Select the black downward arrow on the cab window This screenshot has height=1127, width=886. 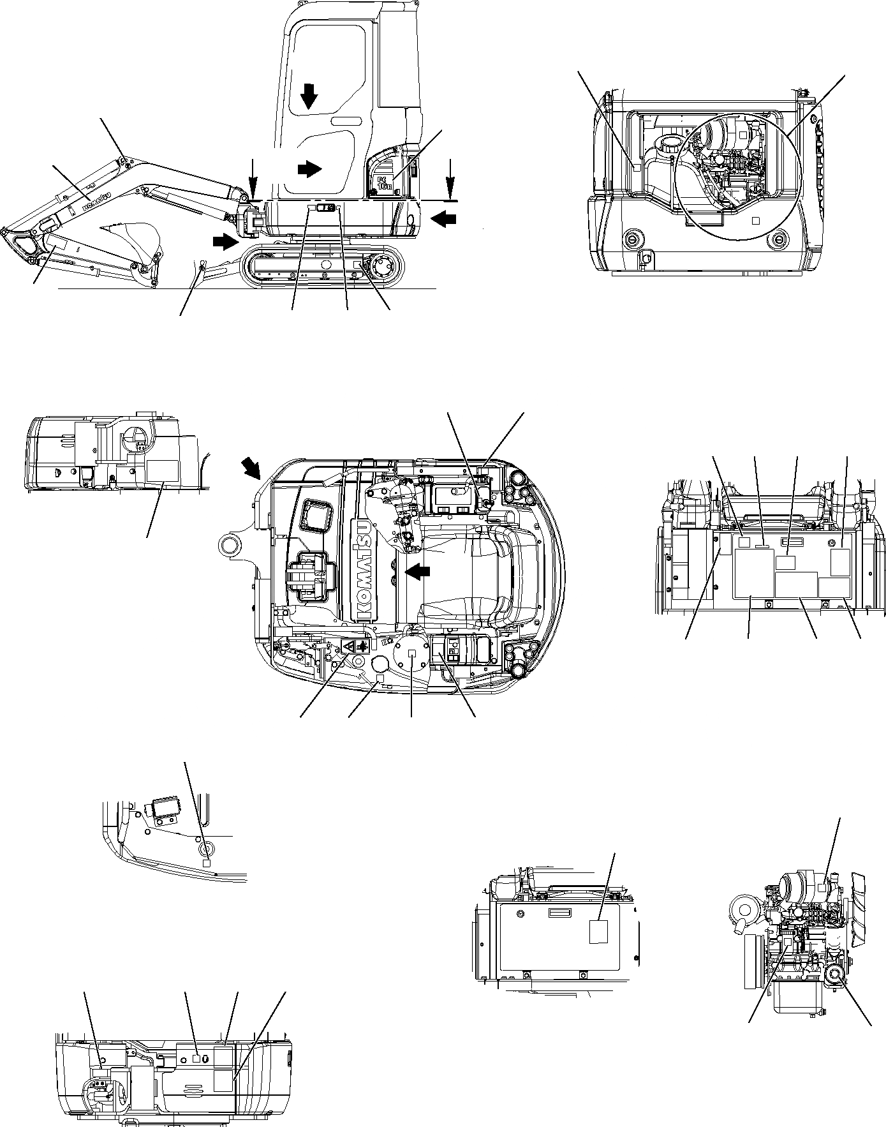click(x=309, y=96)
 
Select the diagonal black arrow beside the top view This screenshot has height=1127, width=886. click(x=251, y=468)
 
